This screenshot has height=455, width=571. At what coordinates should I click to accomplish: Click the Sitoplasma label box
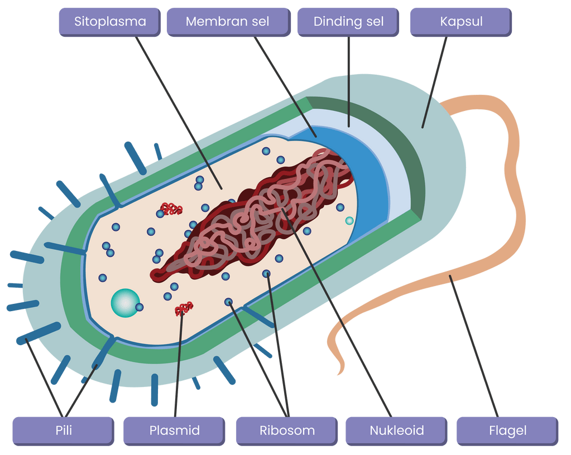tap(110, 22)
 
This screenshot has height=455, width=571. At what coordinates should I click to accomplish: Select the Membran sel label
tap(227, 22)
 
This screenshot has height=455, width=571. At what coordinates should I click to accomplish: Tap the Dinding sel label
tap(348, 22)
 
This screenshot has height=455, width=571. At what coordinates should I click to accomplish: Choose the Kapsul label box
tap(461, 22)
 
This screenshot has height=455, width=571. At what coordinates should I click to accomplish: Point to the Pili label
tap(64, 430)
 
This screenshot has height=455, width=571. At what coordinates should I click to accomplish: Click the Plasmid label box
tap(174, 430)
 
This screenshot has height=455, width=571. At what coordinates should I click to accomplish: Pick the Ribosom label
tap(287, 430)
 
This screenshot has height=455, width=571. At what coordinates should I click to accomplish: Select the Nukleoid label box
tap(396, 430)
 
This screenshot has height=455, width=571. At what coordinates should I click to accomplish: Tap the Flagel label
tap(507, 430)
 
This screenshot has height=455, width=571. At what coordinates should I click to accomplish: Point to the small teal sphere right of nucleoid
tap(349, 221)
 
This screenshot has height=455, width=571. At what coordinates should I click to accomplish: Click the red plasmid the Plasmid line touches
tap(184, 308)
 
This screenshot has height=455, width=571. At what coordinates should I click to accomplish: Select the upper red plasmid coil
tap(171, 209)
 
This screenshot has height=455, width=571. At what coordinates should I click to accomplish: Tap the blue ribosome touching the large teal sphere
tap(139, 307)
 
